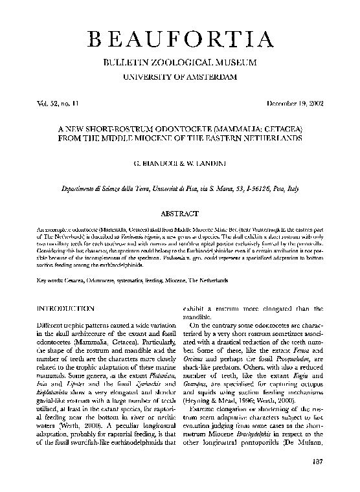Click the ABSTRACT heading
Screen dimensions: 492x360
click(x=179, y=212)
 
